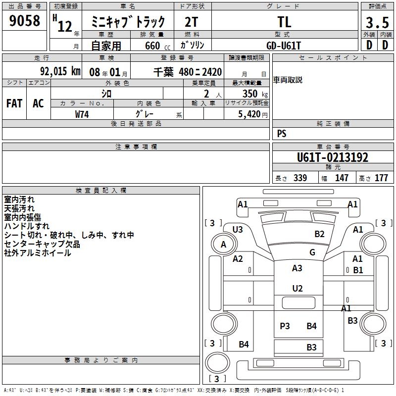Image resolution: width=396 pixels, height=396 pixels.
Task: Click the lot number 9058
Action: click(24, 21)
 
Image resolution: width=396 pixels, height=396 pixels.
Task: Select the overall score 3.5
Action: click(377, 22)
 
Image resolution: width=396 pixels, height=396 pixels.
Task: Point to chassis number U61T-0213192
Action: click(332, 158)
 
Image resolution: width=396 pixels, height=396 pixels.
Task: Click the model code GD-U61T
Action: click(284, 45)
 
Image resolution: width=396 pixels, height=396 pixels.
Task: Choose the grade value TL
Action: click(284, 22)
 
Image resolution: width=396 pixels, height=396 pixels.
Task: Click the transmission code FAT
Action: click(14, 103)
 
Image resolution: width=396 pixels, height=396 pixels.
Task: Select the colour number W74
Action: click(82, 114)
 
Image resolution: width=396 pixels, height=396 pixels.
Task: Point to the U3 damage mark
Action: click(238, 229)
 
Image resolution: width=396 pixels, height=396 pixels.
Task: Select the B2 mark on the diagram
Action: click(319, 234)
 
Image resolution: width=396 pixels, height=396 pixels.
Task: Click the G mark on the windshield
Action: click(312, 252)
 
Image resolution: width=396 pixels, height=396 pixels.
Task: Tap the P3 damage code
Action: click(285, 326)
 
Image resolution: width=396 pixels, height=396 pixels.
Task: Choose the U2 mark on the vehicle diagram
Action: click(297, 288)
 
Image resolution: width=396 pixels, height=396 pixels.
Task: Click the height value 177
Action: click(381, 178)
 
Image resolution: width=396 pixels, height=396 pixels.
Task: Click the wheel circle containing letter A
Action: click(223, 244)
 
